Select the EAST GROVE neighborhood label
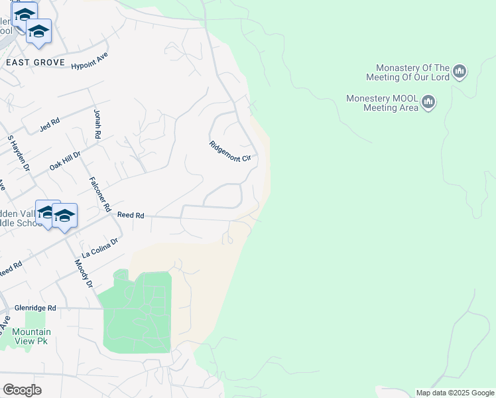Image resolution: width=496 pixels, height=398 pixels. tap(35, 62)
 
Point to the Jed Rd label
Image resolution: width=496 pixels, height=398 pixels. tap(50, 123)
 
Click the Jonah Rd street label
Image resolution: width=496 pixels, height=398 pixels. tap(97, 124)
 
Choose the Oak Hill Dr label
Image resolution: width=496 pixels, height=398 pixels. tap(64, 160)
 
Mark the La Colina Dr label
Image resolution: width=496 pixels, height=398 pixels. tap(99, 249)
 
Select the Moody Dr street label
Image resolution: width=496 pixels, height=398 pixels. tap(84, 274)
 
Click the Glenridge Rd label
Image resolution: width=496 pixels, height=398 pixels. tap(38, 308)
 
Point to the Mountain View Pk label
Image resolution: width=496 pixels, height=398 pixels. tap(31, 336)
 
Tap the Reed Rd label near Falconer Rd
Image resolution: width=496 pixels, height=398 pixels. tap(131, 215)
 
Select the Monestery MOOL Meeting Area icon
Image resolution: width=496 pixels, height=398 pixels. tap(428, 102)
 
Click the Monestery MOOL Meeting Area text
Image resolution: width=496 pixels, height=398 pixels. tap(382, 103)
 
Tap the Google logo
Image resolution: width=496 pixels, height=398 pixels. tap(22, 390)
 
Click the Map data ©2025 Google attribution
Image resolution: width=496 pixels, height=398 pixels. tap(454, 393)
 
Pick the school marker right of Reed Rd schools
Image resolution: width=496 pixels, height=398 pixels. tap(65, 216)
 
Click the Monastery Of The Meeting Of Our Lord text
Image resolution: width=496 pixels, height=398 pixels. tap(412, 72)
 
